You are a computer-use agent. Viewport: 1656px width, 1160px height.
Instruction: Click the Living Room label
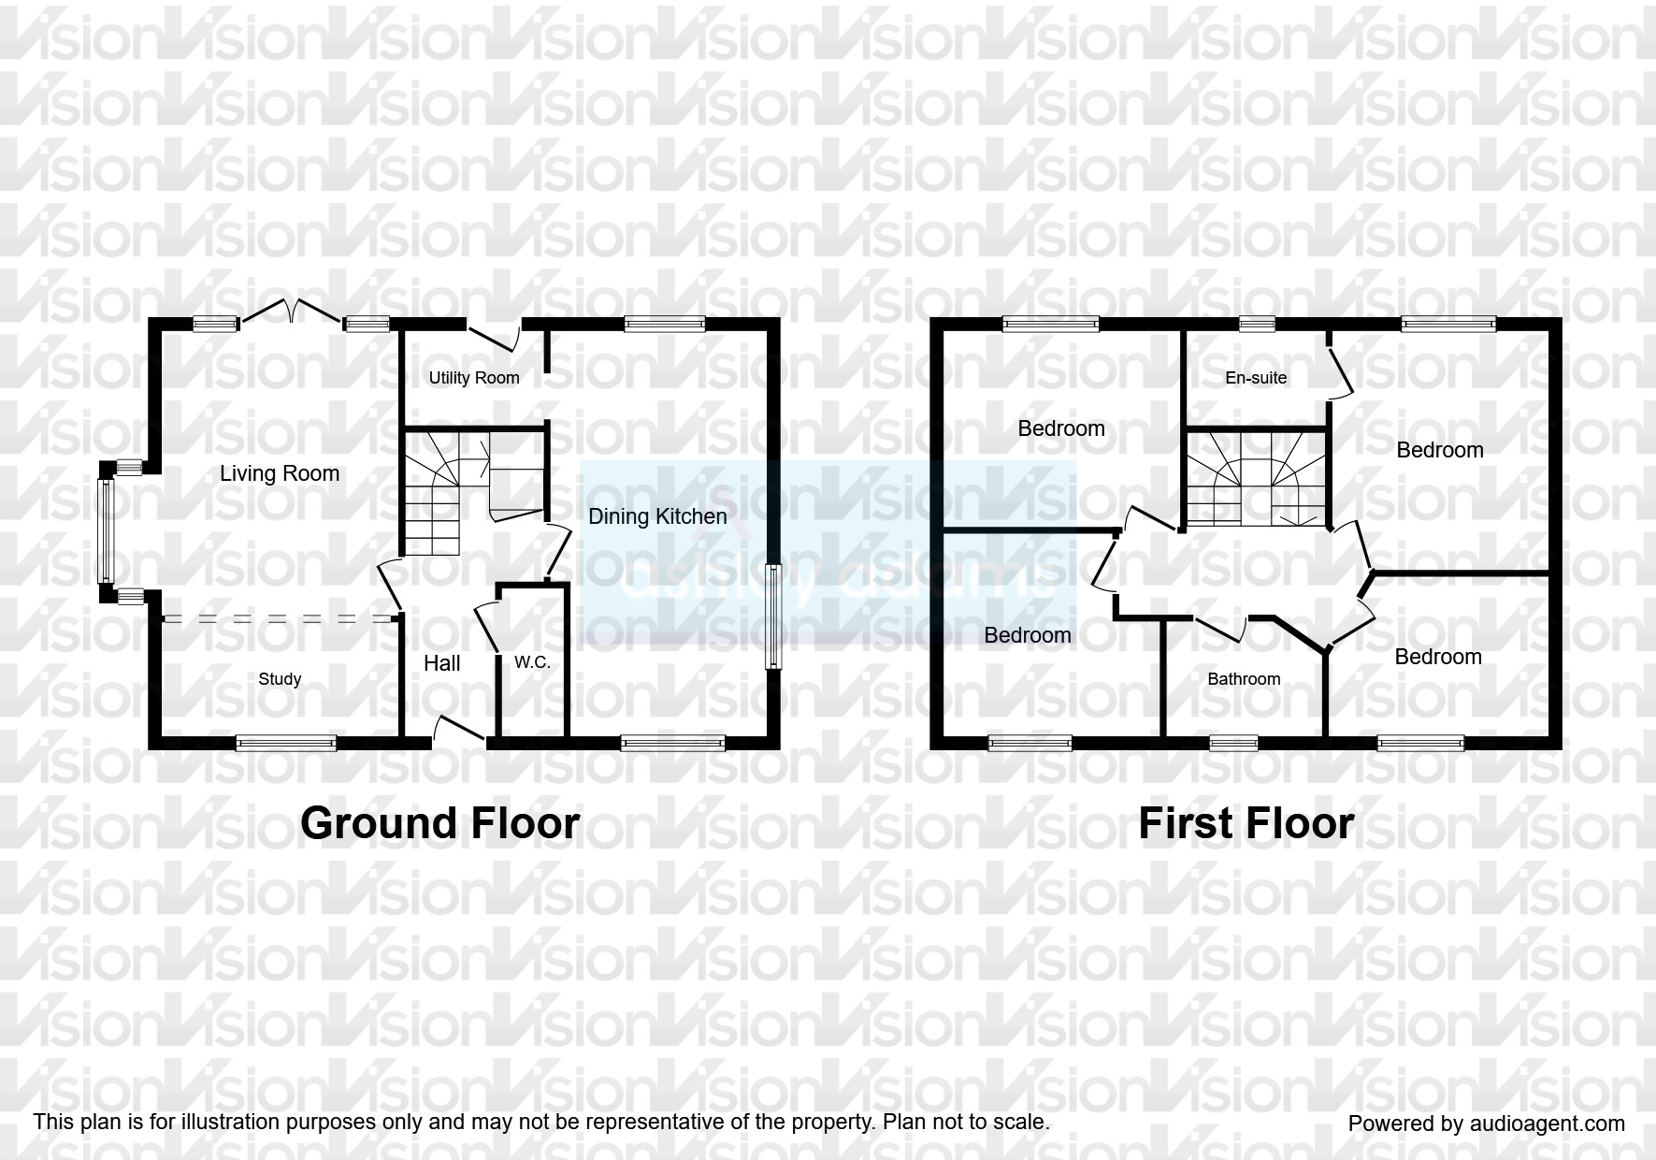[279, 473]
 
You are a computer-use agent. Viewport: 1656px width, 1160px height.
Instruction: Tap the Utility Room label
[473, 378]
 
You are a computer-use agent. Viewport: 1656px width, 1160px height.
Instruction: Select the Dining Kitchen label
[656, 516]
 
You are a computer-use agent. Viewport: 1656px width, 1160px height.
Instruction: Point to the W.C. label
[532, 662]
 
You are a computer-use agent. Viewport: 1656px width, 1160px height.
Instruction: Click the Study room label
[280, 679]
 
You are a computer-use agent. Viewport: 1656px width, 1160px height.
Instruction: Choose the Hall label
[441, 663]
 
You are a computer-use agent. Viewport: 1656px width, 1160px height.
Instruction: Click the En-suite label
[1256, 378]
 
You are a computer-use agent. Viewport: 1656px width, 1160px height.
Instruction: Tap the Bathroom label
[1244, 679]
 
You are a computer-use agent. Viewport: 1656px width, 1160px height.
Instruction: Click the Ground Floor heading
[439, 823]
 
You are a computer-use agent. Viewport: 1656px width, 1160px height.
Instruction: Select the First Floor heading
[1246, 824]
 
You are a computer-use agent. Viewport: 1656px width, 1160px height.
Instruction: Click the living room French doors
[292, 313]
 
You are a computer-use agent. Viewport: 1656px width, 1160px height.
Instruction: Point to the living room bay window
[106, 530]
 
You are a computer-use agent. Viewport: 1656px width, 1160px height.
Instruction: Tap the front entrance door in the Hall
[458, 731]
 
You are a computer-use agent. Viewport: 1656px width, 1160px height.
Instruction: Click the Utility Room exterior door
[493, 338]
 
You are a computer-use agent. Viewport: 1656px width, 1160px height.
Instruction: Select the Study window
[285, 744]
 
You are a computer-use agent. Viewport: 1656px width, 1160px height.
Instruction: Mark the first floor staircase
[1256, 478]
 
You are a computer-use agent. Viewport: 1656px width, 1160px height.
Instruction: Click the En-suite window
[1257, 325]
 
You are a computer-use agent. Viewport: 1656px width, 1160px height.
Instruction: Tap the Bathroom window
[1233, 744]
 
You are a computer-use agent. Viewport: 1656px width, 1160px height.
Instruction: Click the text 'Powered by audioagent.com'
[1486, 1124]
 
